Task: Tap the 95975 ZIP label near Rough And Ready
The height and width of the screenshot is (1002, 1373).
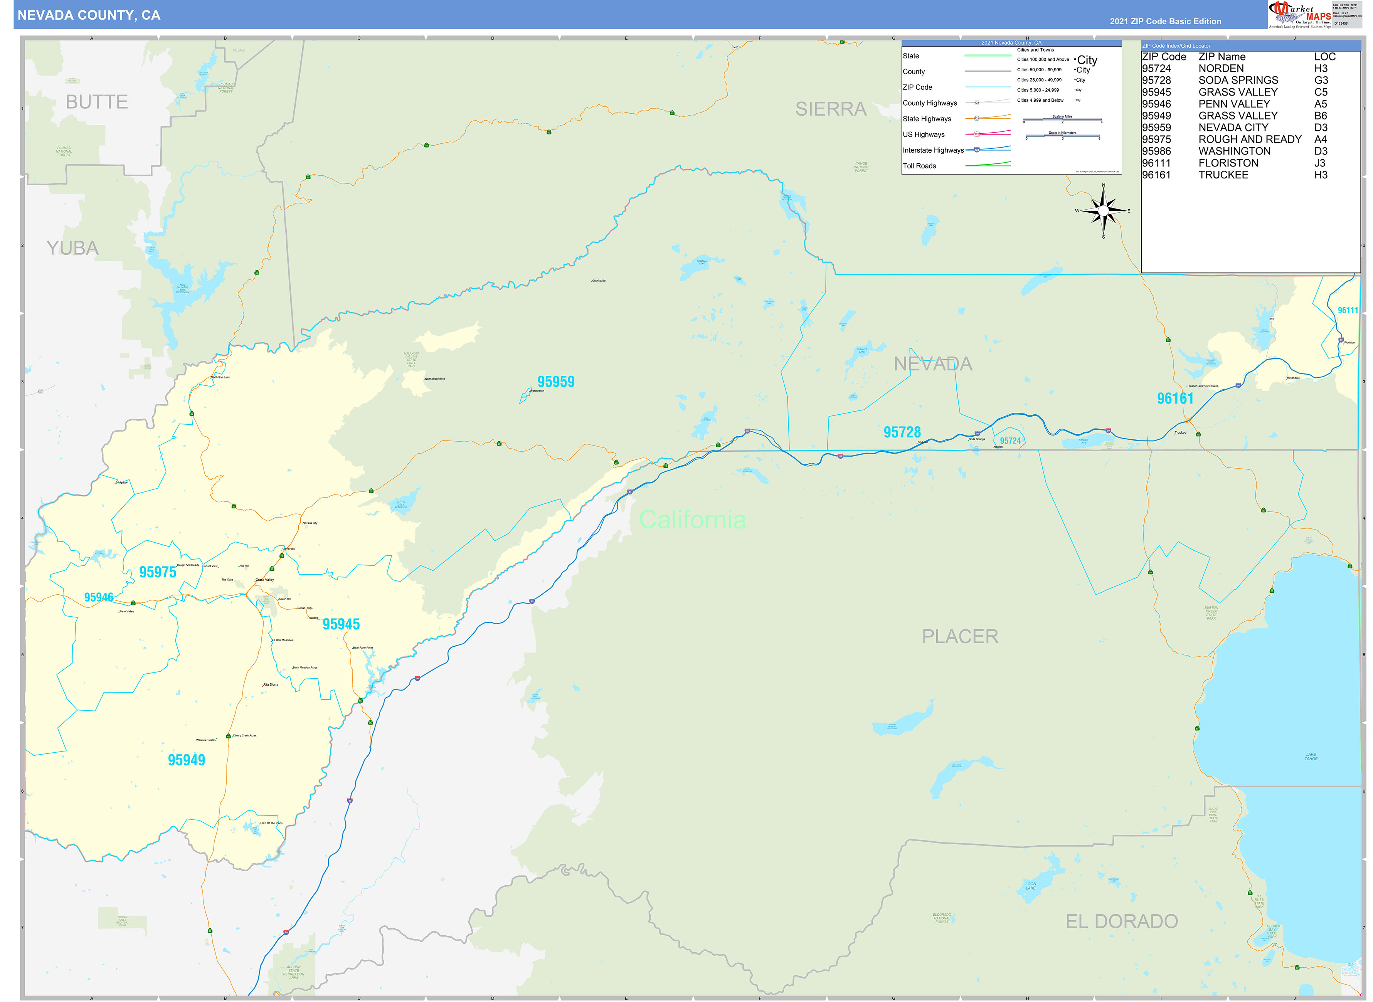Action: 158,572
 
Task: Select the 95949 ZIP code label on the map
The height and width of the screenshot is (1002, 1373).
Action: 186,760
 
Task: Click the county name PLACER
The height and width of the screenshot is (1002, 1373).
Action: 960,636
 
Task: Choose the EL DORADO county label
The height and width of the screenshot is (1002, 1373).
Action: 1121,921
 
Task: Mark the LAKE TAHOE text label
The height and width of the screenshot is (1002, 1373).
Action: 1311,757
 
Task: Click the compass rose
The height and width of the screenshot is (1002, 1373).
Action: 1103,210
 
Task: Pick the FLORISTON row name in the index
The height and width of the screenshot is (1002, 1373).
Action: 1228,163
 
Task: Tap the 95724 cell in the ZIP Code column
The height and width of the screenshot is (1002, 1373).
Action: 1156,69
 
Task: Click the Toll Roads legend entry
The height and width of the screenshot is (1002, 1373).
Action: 919,166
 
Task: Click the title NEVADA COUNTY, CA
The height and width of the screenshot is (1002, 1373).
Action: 89,15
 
